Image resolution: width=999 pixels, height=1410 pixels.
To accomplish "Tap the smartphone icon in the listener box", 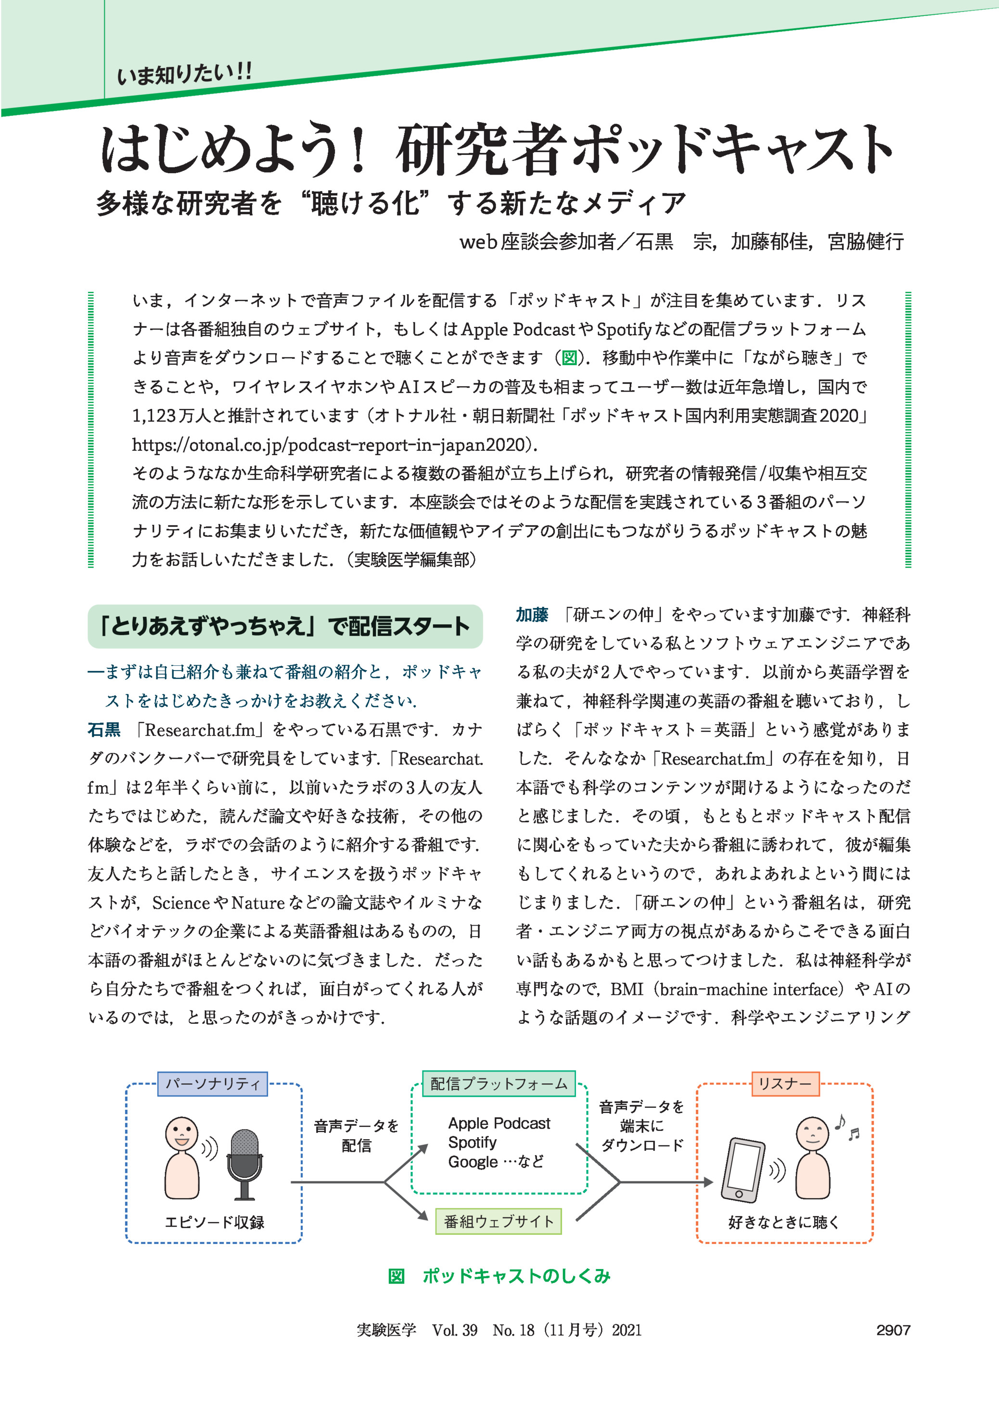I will click(x=743, y=1170).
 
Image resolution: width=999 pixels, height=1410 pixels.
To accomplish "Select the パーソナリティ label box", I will click(x=212, y=1083).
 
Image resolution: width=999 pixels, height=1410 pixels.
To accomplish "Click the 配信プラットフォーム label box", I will click(x=498, y=1083).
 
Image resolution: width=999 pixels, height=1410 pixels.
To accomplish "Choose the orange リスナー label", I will click(x=785, y=1083).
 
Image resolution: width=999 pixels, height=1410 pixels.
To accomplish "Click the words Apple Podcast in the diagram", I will click(x=499, y=1123).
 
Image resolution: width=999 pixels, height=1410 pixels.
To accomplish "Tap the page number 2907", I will click(x=893, y=1330).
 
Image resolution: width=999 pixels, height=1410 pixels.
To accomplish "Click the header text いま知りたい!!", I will click(x=184, y=75).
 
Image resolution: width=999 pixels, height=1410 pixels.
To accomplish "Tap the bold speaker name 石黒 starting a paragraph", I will click(x=104, y=730).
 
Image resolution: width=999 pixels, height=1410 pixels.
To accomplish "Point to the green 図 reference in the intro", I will click(x=569, y=358).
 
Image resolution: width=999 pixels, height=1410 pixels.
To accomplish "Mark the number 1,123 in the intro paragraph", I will click(x=154, y=416).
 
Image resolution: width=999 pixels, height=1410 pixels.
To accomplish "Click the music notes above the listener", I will click(x=846, y=1127).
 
